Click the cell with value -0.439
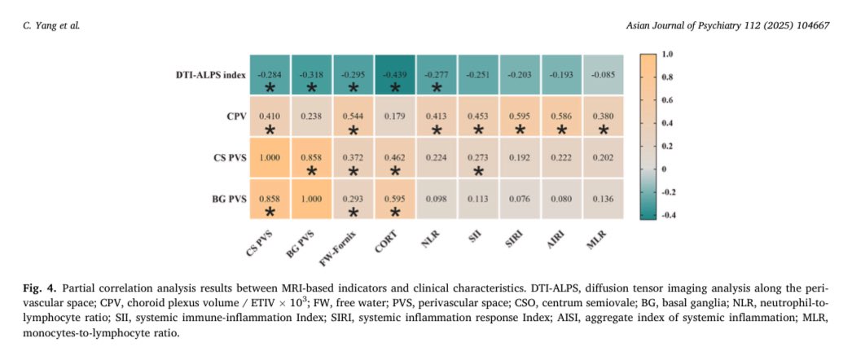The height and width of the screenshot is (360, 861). point(395,75)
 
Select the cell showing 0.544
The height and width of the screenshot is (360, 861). point(354,116)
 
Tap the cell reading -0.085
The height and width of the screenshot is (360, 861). point(604,75)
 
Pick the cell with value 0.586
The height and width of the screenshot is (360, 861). point(562,116)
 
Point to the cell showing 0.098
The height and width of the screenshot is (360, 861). point(437,200)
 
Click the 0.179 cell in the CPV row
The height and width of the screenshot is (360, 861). point(395,116)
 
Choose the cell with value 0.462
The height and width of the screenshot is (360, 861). point(395,158)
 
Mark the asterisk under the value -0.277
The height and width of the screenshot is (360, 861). point(437,87)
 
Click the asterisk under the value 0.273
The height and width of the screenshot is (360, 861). point(479,171)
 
